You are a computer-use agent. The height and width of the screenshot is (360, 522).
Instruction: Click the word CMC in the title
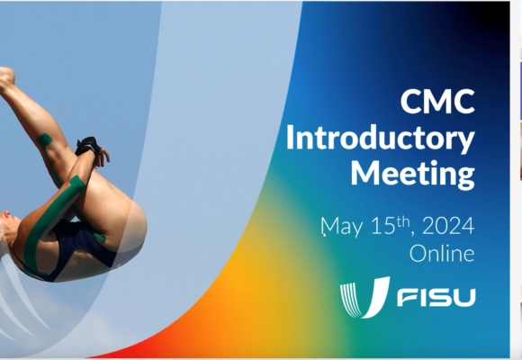[437, 101]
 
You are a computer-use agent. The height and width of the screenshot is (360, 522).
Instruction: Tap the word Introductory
[380, 139]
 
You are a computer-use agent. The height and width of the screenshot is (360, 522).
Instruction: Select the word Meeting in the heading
[413, 174]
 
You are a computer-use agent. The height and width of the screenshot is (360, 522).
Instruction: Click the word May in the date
[342, 227]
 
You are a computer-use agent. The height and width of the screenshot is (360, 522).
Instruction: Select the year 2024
[448, 226]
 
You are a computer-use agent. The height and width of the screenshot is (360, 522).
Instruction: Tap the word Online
[442, 254]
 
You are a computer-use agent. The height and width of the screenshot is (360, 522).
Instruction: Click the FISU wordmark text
[436, 297]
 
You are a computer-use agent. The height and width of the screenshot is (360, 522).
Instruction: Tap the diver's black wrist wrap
[88, 146]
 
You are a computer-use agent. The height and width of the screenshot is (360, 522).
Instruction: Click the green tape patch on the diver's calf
[44, 139]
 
